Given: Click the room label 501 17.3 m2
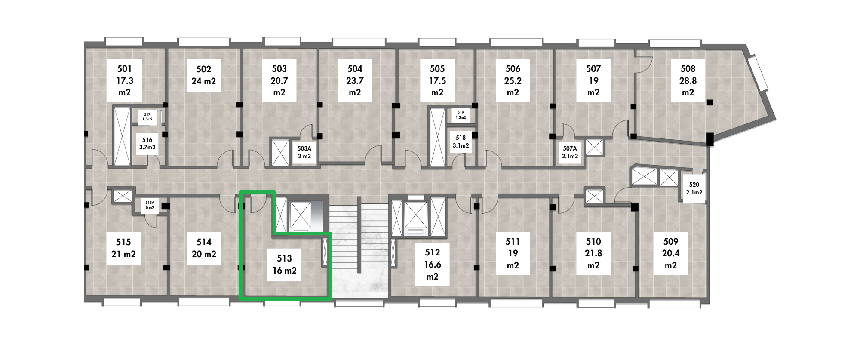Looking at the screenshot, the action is [x=125, y=81].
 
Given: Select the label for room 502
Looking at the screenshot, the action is [x=203, y=75].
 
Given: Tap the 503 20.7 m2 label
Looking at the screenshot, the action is [x=279, y=81].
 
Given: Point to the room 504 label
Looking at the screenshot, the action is [x=355, y=81].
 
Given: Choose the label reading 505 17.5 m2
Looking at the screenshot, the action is [x=437, y=81].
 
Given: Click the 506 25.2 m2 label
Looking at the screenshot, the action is [x=513, y=81].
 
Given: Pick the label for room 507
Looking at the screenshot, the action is [x=593, y=81].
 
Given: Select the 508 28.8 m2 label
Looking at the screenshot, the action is [x=688, y=81].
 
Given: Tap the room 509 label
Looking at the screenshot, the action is [x=671, y=254].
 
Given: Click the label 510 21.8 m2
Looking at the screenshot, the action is [x=593, y=254].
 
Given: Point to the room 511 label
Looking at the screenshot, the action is [x=513, y=254].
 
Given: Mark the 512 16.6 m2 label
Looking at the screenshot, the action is [x=433, y=265].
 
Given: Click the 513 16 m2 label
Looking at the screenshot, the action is [x=284, y=265].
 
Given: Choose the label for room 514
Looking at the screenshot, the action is [x=204, y=248].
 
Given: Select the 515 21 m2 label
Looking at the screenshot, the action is [x=123, y=248].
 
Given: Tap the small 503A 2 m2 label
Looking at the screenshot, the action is [x=304, y=152].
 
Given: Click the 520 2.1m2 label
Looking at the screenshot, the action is [x=694, y=188].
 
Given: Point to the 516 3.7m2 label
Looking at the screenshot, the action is [x=147, y=144].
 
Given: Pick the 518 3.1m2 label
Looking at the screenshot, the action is [x=461, y=142].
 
